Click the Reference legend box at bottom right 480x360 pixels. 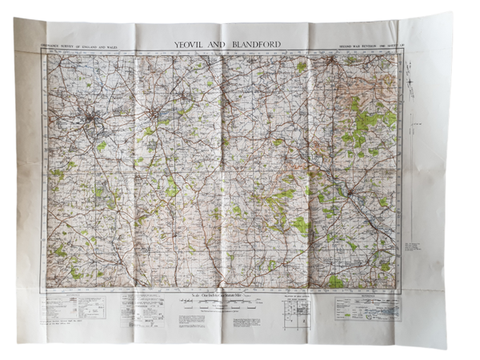[x=366, y=307]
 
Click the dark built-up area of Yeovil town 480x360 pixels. [x=94, y=121]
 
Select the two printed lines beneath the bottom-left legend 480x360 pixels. [x=69, y=322]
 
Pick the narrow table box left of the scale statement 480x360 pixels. [x=149, y=309]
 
